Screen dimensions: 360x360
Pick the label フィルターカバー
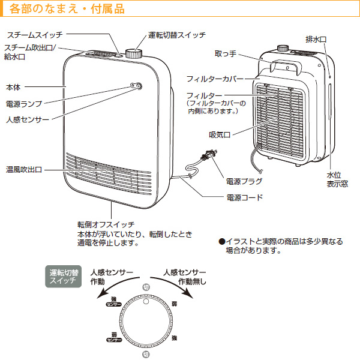click(214, 79)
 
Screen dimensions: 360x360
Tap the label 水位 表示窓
click(337, 179)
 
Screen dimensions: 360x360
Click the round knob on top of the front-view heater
click(134, 53)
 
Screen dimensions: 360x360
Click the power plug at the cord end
click(208, 160)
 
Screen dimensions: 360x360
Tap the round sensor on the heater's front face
click(138, 88)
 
